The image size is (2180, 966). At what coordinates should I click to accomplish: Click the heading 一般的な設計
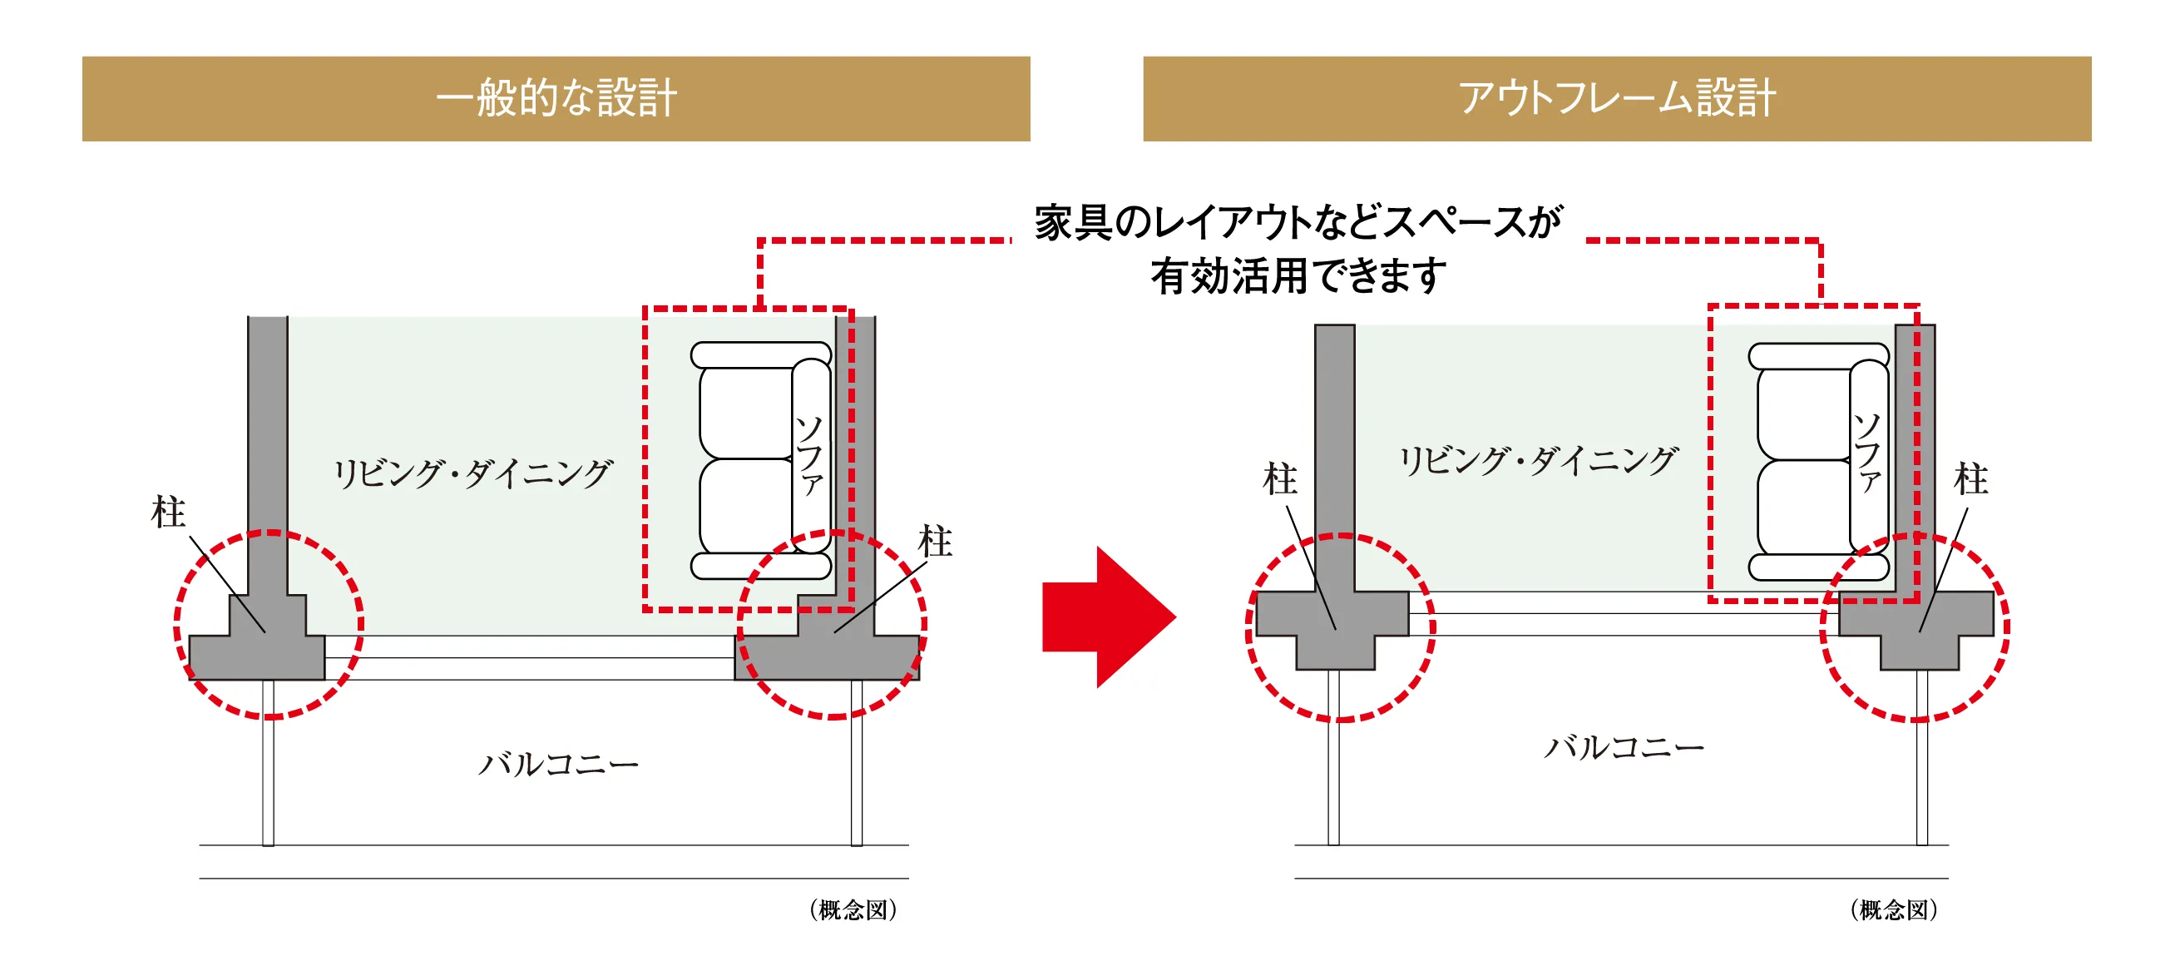[x=556, y=98]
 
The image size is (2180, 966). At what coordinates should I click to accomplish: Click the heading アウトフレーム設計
[x=1616, y=98]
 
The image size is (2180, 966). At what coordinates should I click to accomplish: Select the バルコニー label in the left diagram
[x=559, y=765]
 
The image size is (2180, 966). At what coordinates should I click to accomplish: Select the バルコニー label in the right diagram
[x=1624, y=746]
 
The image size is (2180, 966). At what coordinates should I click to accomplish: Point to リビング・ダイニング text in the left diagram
[x=472, y=473]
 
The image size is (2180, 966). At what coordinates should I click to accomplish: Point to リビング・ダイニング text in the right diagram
[x=1538, y=461]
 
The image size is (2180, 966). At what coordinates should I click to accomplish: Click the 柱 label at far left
[x=167, y=513]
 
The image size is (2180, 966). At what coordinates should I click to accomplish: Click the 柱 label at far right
[x=1970, y=479]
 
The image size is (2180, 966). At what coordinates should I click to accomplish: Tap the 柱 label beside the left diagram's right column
[x=934, y=542]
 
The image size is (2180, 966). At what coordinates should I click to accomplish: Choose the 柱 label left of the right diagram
[x=1278, y=479]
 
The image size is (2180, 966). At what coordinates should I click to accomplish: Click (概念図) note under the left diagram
[x=853, y=910]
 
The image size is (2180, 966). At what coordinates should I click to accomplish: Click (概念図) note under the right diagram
[x=1893, y=910]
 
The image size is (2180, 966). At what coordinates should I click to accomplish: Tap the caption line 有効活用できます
[x=1298, y=277]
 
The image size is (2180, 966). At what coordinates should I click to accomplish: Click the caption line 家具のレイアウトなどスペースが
[x=1298, y=223]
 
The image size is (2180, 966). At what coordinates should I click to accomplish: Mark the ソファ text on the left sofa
[x=810, y=455]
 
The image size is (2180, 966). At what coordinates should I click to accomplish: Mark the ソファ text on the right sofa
[x=1868, y=453]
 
